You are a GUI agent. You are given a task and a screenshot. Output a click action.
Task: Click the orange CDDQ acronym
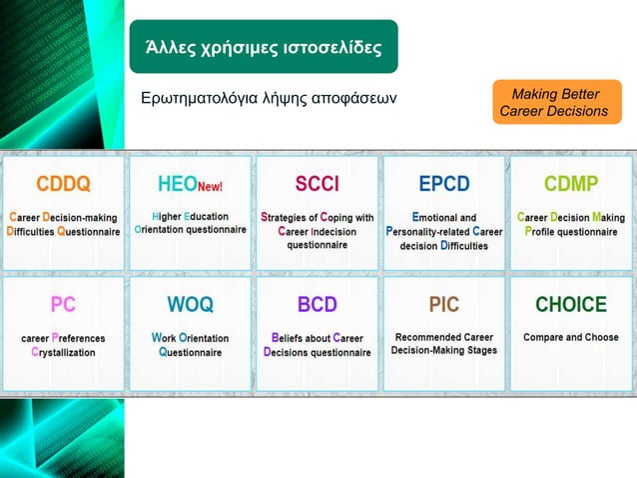click(x=64, y=184)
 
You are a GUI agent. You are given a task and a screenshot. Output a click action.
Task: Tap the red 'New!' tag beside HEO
click(x=210, y=187)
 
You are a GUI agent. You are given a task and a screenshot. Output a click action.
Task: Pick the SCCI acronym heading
click(x=317, y=184)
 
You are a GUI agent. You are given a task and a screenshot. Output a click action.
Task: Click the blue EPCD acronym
click(x=443, y=184)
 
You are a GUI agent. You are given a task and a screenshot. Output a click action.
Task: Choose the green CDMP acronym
click(x=571, y=184)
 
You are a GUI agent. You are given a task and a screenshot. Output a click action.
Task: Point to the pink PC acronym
click(x=63, y=304)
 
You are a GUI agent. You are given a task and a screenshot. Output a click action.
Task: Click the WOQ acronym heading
click(x=190, y=304)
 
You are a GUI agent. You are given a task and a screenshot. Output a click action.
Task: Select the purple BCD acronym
click(x=317, y=304)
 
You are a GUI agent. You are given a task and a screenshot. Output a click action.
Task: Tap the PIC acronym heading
click(x=443, y=304)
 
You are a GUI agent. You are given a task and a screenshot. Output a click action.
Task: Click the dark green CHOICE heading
click(x=571, y=304)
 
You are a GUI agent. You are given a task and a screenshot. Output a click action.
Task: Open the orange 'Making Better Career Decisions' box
click(x=555, y=102)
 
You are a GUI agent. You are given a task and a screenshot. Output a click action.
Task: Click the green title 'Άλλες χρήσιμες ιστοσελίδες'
click(x=263, y=47)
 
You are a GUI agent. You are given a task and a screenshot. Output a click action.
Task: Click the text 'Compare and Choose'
click(x=571, y=337)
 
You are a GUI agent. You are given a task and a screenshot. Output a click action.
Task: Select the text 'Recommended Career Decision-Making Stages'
click(x=443, y=344)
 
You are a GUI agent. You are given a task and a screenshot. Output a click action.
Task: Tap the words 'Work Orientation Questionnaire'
click(x=190, y=345)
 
